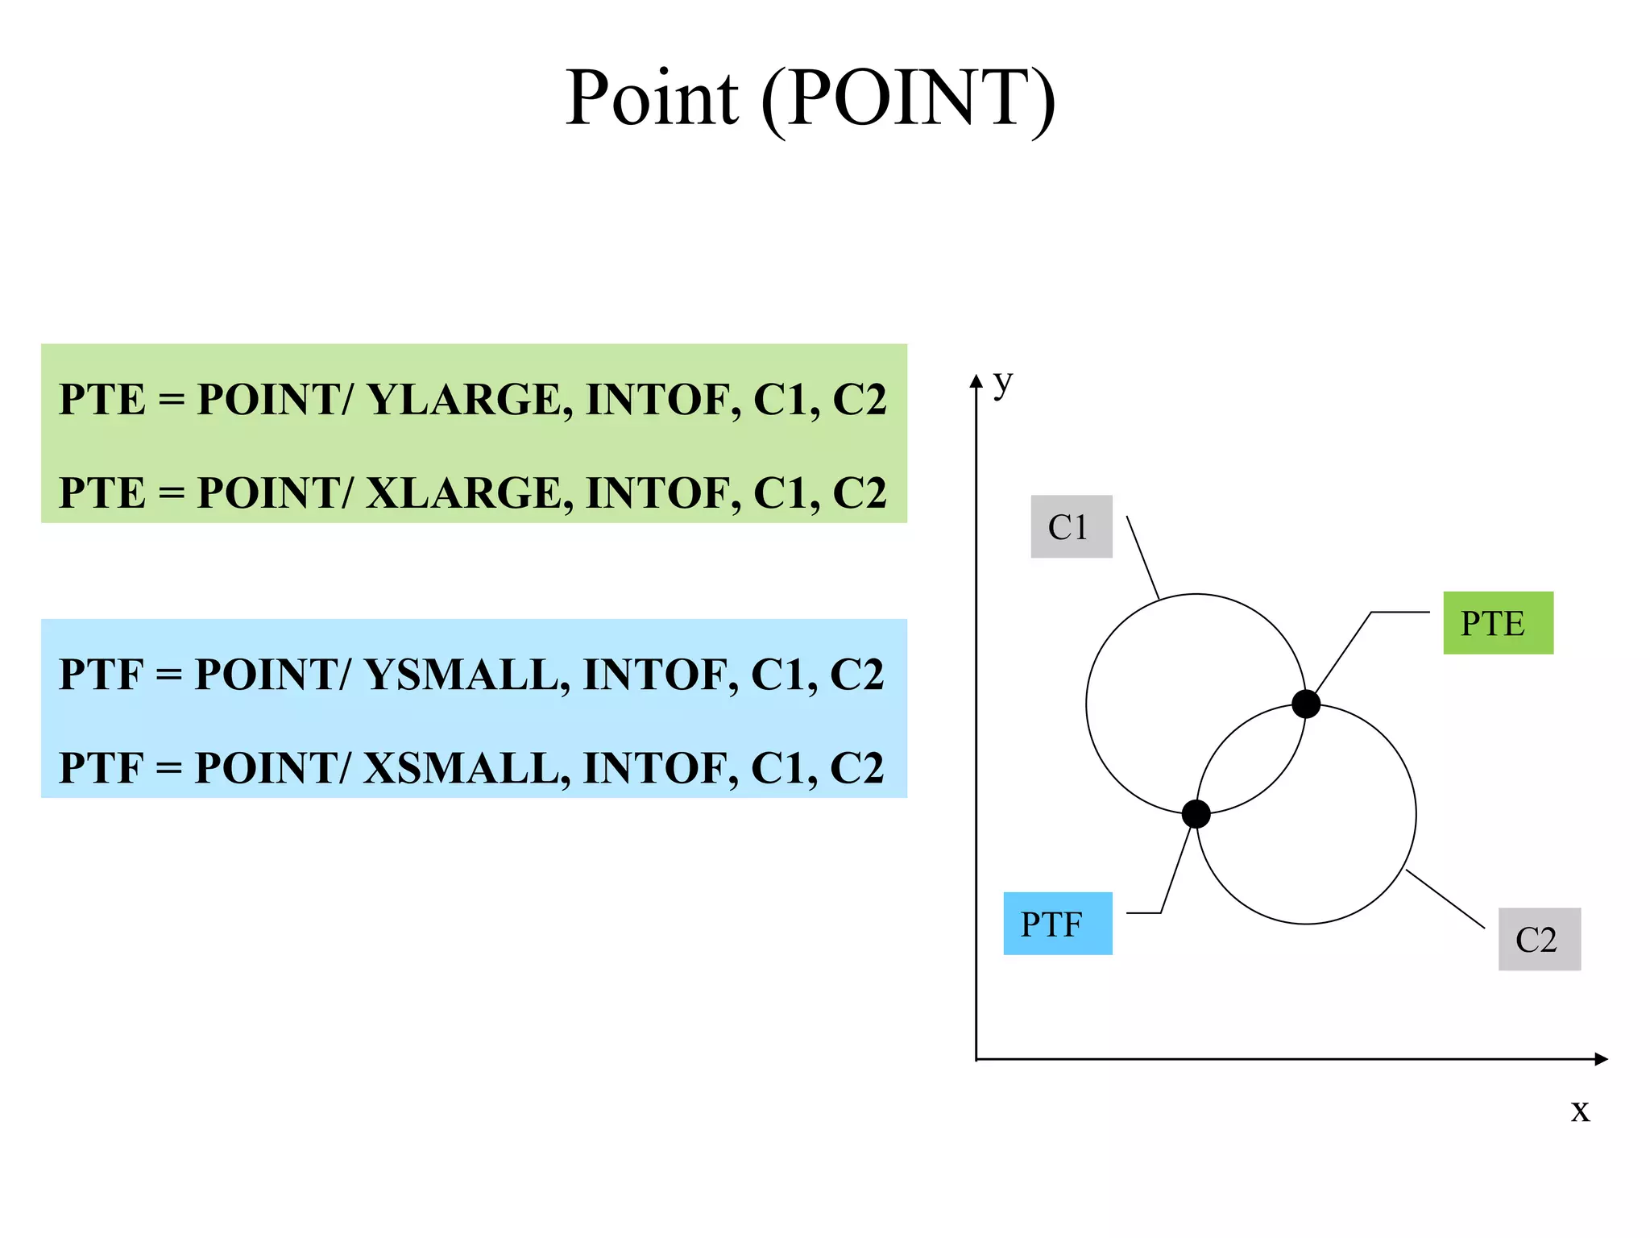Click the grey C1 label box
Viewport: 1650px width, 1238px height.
[x=1071, y=527]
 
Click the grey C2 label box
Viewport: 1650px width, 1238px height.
[x=1539, y=939]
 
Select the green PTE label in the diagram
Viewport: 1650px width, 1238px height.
[x=1497, y=623]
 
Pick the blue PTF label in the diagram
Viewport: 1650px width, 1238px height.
[x=1057, y=924]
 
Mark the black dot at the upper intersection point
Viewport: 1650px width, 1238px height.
[x=1305, y=704]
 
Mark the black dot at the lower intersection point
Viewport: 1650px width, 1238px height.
[x=1196, y=814]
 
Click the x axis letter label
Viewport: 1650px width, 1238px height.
[x=1580, y=1111]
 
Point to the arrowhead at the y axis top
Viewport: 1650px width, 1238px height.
[x=976, y=381]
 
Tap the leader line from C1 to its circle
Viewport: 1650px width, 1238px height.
[x=1142, y=557]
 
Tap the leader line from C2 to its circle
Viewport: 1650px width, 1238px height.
[x=1445, y=899]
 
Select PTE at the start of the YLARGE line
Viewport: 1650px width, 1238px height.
[x=102, y=400]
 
